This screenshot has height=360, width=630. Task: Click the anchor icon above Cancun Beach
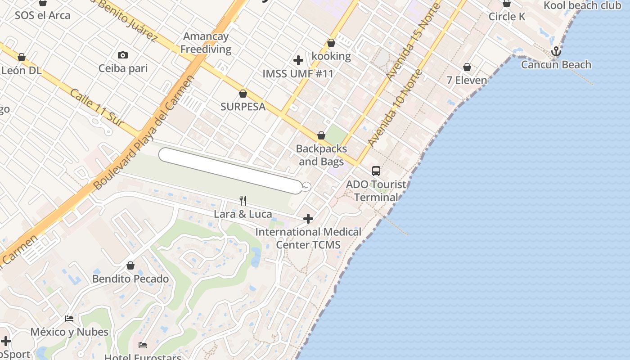click(557, 52)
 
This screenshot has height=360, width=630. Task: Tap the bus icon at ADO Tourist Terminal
click(376, 171)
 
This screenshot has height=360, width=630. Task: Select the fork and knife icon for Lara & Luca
click(243, 200)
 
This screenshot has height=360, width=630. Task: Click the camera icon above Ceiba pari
click(123, 55)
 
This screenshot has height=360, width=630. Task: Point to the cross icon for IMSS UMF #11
click(298, 60)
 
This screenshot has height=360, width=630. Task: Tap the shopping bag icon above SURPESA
click(243, 94)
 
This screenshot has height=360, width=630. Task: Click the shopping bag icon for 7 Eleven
click(467, 67)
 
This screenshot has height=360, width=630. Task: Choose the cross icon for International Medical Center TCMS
click(308, 219)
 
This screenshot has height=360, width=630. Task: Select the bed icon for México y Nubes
click(69, 319)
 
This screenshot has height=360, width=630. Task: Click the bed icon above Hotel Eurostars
click(143, 345)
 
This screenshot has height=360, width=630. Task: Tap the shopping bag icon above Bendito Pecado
click(130, 265)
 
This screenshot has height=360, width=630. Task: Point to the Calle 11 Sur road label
click(96, 107)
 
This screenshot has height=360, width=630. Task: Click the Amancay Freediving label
click(206, 43)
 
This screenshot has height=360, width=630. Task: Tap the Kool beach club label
click(583, 5)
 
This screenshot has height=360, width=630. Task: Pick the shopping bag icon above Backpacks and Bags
click(321, 135)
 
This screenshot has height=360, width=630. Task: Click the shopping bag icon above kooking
click(331, 43)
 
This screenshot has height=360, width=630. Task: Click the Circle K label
click(507, 17)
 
